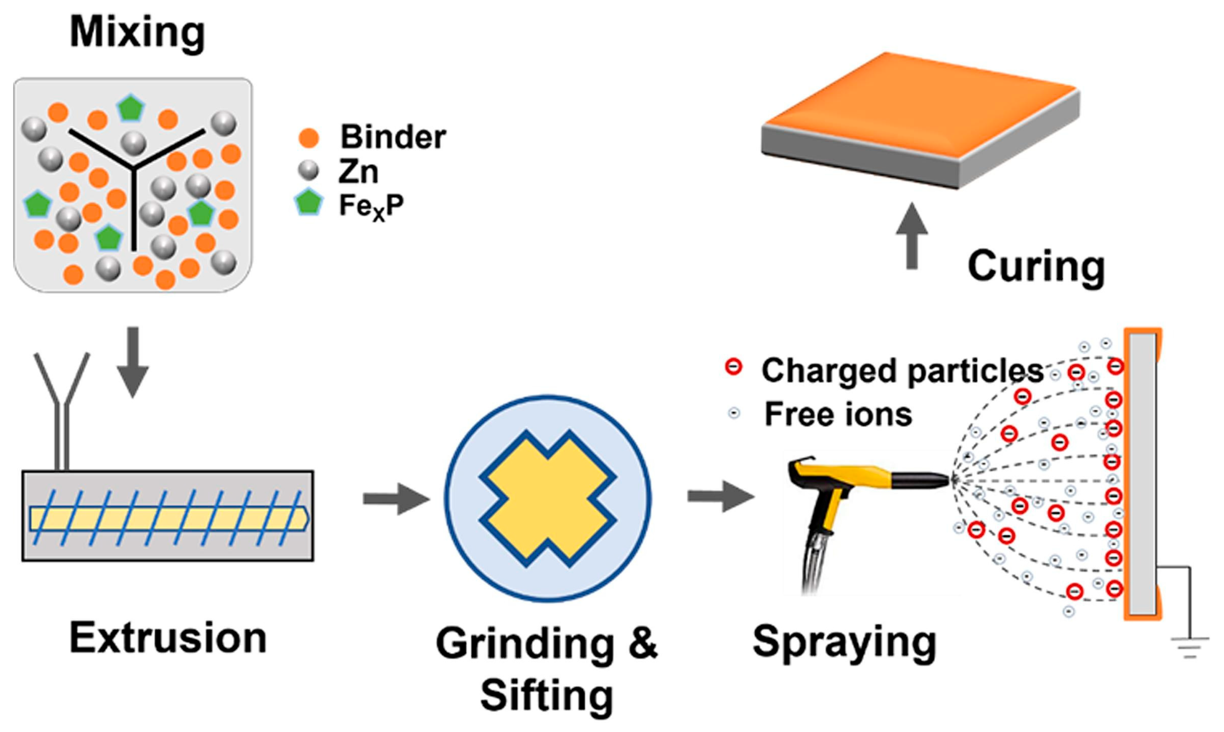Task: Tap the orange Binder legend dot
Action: click(x=309, y=138)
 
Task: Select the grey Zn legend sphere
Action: click(x=309, y=171)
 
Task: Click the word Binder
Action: click(x=393, y=137)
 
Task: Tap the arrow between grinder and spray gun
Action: click(x=720, y=496)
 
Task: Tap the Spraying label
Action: click(x=844, y=642)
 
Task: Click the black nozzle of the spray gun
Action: click(x=921, y=479)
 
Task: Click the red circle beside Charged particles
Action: click(x=734, y=367)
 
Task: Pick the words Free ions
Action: click(x=838, y=414)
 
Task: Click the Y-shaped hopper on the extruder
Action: click(x=62, y=409)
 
